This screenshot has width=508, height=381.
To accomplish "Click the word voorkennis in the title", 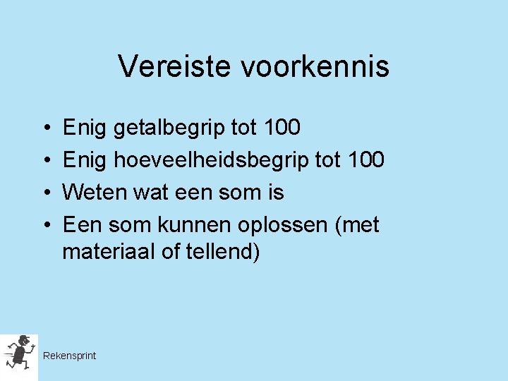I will coord(315,67).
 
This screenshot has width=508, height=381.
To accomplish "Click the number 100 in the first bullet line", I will coord(281,128).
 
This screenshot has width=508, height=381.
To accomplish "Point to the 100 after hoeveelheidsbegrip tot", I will coord(365,160).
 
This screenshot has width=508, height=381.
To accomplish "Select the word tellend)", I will coord(222,252).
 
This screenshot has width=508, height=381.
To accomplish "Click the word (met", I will coord(357,225).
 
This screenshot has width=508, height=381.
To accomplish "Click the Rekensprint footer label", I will coord(69,356).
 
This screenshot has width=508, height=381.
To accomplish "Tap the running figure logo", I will coord(19,353).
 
